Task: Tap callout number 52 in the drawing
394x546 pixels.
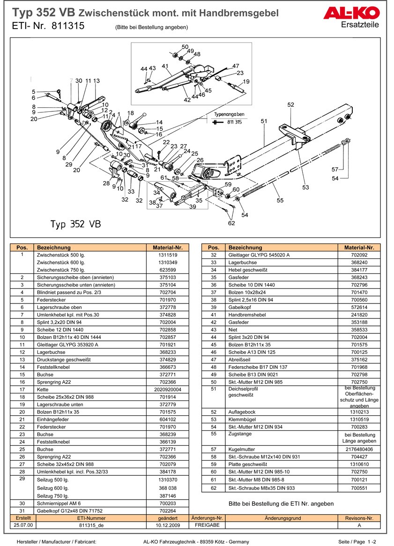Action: point(290,104)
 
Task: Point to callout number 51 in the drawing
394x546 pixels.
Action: point(264,121)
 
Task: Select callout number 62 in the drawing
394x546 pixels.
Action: point(231,223)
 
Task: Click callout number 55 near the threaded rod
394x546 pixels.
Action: point(280,200)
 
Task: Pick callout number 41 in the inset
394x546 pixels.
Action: point(165,66)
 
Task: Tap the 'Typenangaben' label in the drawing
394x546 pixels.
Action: point(229,114)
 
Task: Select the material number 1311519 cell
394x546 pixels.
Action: point(168,255)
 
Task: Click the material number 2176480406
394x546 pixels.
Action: point(359,449)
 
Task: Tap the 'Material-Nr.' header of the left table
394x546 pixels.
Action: point(168,247)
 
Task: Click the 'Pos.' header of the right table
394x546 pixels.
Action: point(213,247)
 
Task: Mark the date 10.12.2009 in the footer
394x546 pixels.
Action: point(168,525)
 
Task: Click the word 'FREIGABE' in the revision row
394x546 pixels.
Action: point(207,525)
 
